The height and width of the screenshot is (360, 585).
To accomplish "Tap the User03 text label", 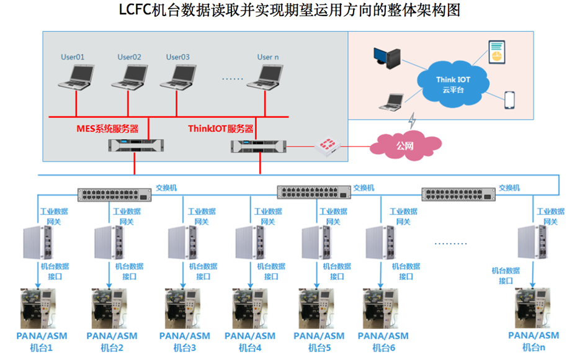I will coord(178,57).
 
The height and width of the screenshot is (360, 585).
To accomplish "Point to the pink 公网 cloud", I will coord(406,146).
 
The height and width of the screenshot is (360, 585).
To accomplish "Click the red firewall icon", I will coord(326,146).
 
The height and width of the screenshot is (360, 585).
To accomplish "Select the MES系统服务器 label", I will coord(107,129).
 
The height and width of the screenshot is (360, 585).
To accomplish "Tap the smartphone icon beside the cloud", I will coord(509,100).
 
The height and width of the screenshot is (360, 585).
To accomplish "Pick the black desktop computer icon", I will coord(386,56).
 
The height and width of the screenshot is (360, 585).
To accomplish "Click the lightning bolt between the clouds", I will coord(411,119).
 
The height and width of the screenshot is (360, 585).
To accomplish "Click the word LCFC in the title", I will coord(135,11).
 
